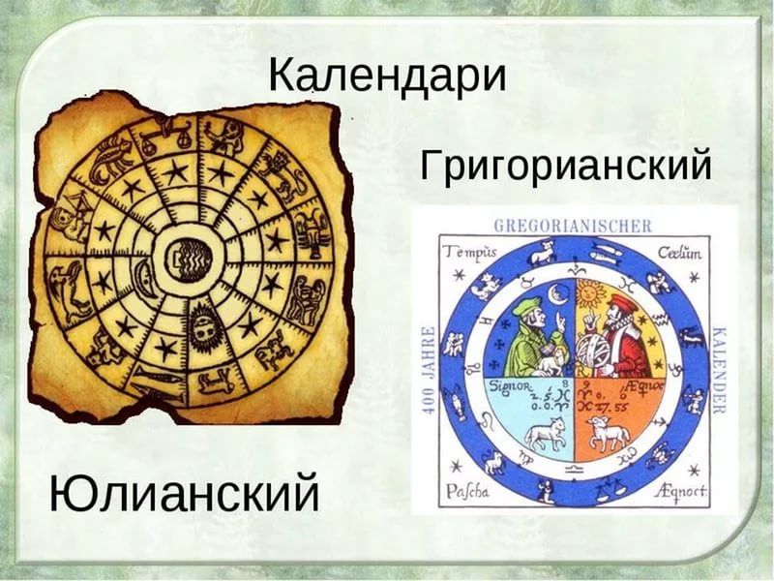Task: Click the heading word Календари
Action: pyautogui.click(x=386, y=75)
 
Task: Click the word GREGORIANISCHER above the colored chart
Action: pyautogui.click(x=573, y=227)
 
